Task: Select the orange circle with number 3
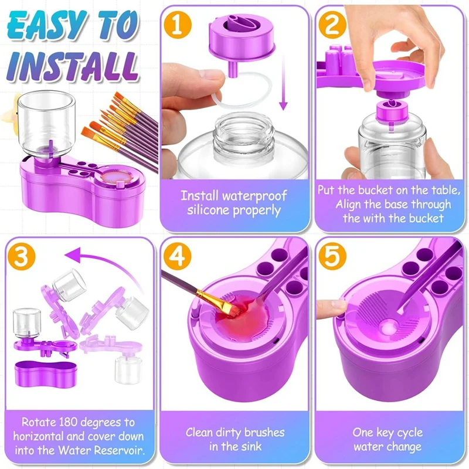pos(21,257)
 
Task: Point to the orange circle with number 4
pos(178,257)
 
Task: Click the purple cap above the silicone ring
pos(241,38)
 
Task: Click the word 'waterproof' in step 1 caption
pos(254,196)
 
